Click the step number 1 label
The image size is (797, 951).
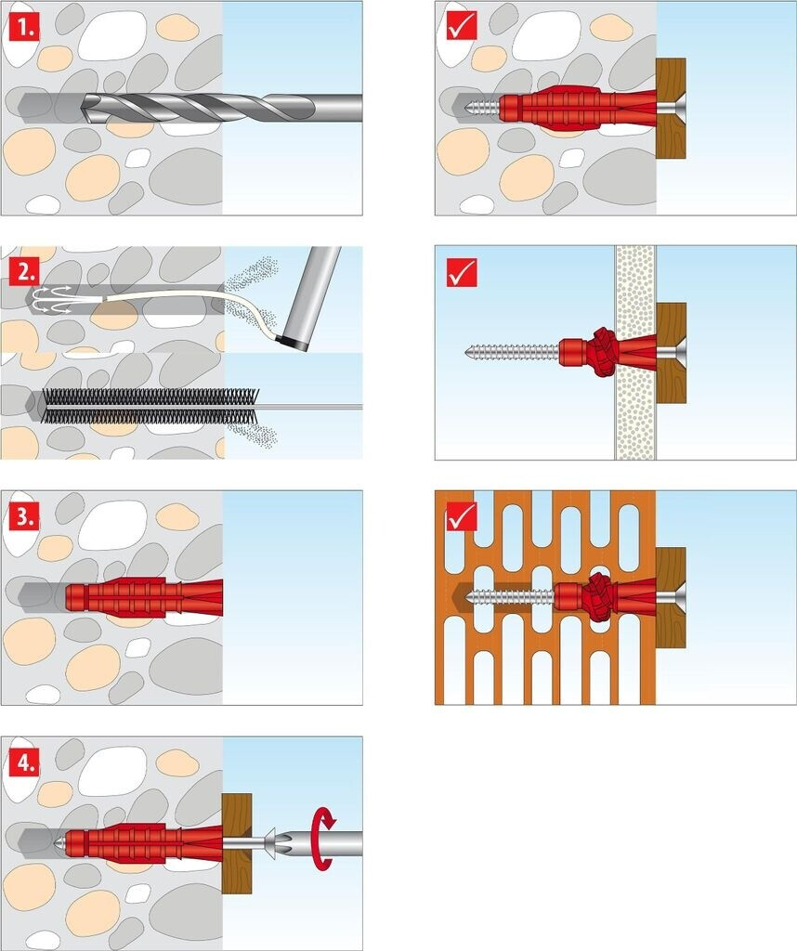click(24, 27)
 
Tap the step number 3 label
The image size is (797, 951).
click(24, 516)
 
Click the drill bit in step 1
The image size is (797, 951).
click(221, 108)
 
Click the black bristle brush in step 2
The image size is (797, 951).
click(151, 405)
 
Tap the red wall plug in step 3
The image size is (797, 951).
click(144, 597)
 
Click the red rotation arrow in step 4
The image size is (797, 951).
click(323, 839)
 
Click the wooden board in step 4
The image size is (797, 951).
click(237, 843)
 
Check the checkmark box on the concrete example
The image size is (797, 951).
click(462, 27)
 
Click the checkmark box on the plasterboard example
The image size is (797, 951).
click(462, 272)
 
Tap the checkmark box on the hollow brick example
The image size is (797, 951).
click(462, 516)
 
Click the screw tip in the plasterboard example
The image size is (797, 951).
click(469, 351)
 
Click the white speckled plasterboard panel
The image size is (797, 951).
click(635, 352)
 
